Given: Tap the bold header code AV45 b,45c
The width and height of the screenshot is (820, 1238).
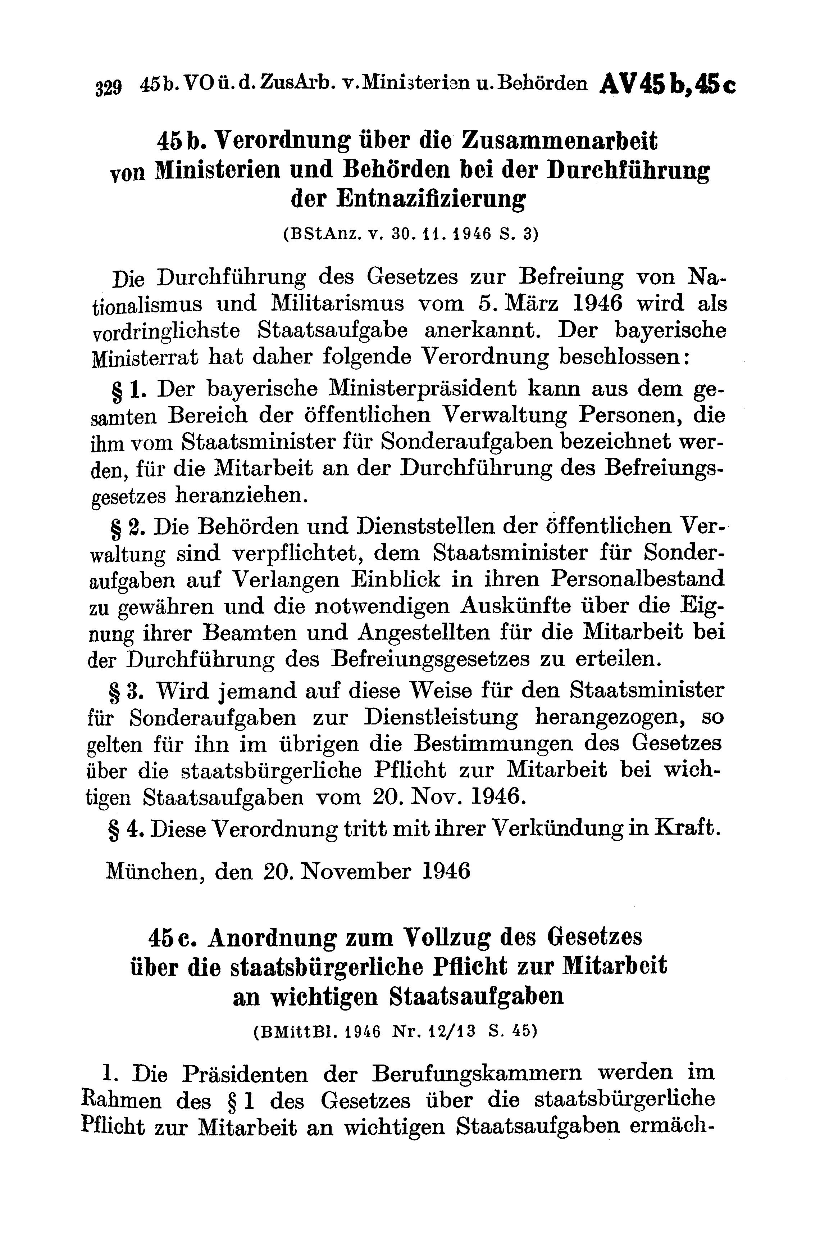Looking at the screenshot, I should [668, 83].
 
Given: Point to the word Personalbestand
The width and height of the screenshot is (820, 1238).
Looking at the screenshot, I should [638, 579].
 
